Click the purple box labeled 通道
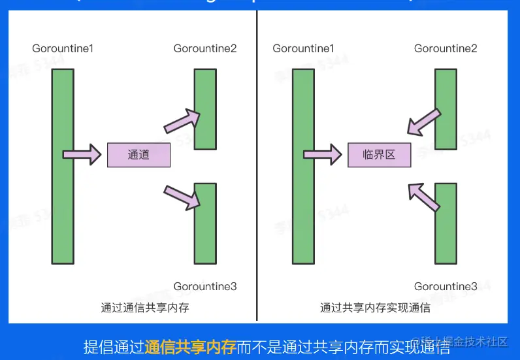point(138,155)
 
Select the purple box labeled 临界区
point(380,155)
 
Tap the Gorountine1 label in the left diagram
point(63,48)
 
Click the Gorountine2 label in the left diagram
point(205,48)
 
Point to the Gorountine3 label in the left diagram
point(205,286)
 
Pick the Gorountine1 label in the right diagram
point(303,48)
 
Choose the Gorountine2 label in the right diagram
point(446,48)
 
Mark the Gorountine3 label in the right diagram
point(446,286)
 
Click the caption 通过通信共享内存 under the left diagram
point(145,307)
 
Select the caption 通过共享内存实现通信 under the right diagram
point(376,307)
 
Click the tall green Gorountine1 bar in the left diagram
point(63,166)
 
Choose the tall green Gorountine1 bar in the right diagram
point(303,166)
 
